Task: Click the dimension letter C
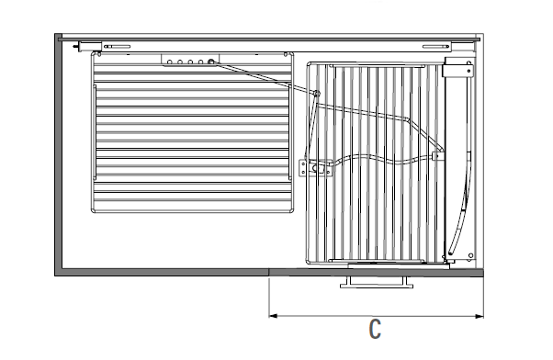pyautogui.click(x=375, y=329)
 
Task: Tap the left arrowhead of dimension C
pyautogui.click(x=273, y=316)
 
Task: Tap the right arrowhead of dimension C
pyautogui.click(x=480, y=316)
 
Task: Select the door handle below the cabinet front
pyautogui.click(x=377, y=283)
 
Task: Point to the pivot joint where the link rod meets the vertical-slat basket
pyautogui.click(x=316, y=94)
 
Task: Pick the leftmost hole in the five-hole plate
pyautogui.click(x=170, y=62)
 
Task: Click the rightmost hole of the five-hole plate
pyautogui.click(x=211, y=62)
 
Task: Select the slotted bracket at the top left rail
pyautogui.click(x=117, y=46)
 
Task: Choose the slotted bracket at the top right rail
pyautogui.click(x=436, y=46)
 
